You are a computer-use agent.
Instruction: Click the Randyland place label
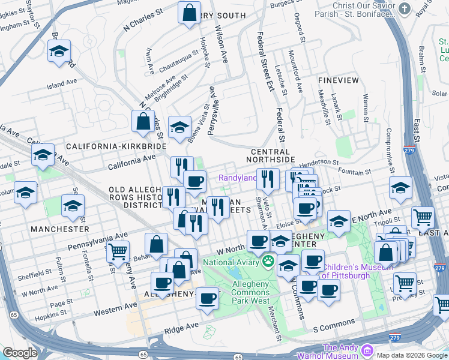(238, 178)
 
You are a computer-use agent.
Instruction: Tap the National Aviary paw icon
(268, 262)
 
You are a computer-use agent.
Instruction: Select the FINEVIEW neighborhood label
(339, 80)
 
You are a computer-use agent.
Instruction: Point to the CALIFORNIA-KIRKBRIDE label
(116, 146)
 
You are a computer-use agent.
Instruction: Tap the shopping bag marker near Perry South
(189, 13)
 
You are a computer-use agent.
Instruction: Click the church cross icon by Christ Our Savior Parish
(405, 9)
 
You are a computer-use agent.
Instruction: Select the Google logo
(20, 353)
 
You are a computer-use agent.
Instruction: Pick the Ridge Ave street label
(181, 326)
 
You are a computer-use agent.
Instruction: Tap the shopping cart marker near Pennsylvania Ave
(118, 251)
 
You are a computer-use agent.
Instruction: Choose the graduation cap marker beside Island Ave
(59, 52)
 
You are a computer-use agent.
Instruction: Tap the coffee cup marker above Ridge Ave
(208, 298)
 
